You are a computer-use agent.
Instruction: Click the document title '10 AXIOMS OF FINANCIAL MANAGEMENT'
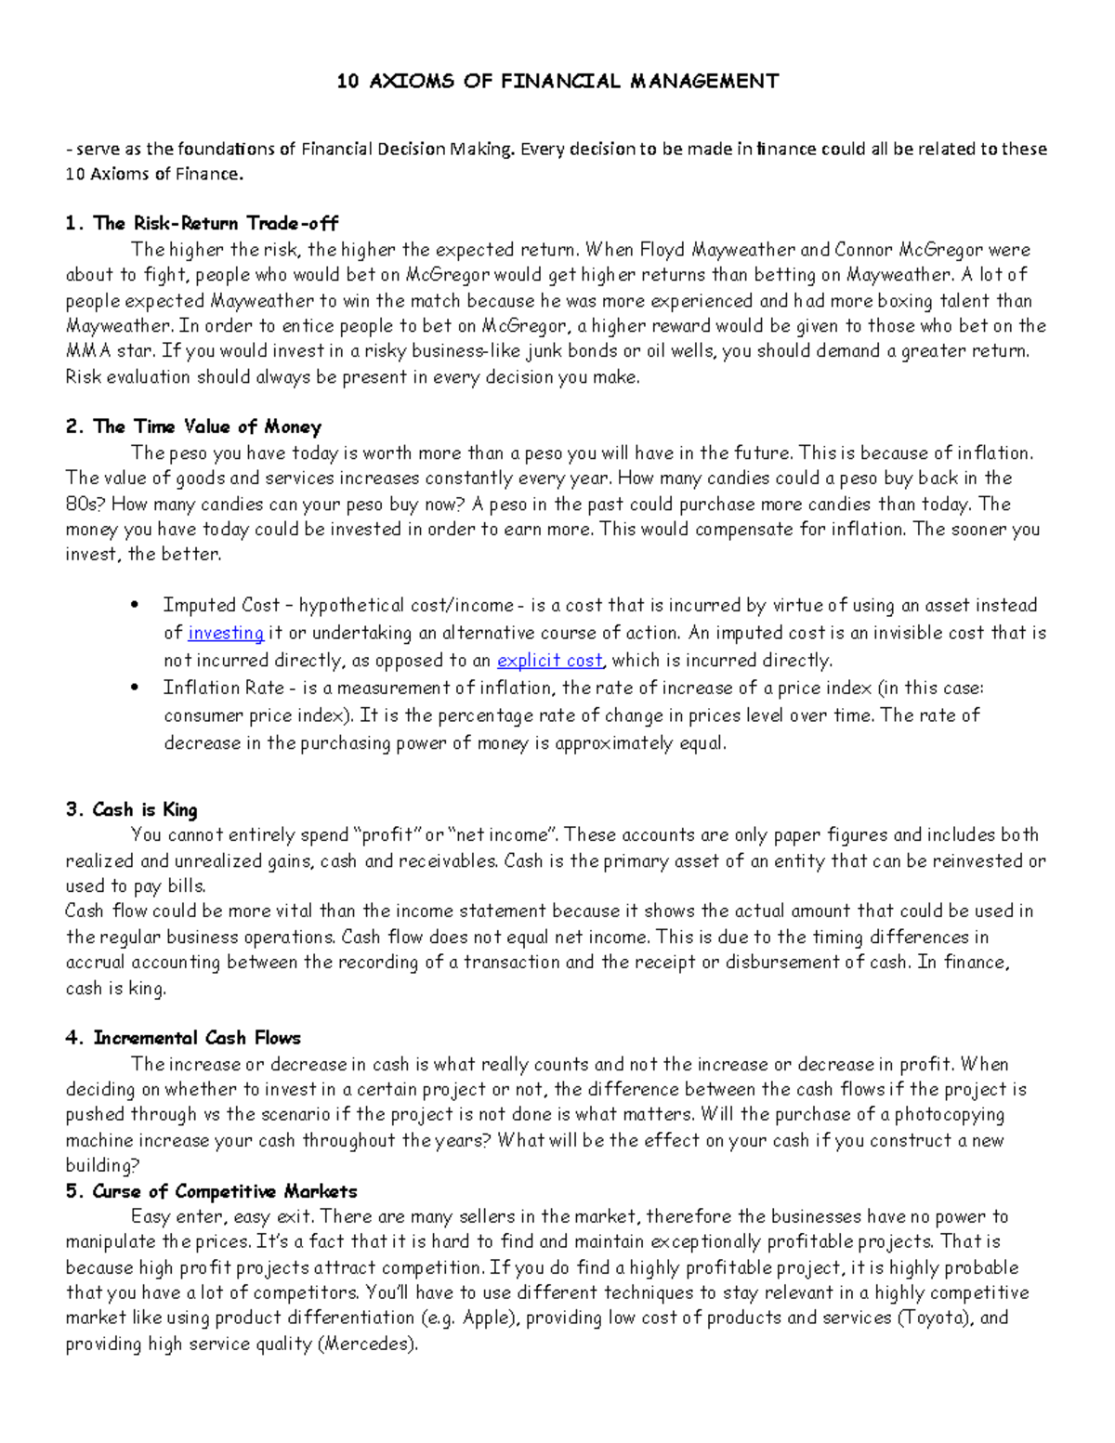pos(557,81)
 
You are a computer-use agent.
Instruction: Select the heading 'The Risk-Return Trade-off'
pos(216,223)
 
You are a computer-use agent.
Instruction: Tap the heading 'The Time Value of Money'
pos(207,426)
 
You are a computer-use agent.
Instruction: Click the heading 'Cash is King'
pos(145,809)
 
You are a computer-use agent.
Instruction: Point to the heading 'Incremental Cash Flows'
pos(197,1038)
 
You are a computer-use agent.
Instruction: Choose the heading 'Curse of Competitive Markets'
pos(225,1191)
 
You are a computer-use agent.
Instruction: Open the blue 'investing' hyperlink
pos(226,633)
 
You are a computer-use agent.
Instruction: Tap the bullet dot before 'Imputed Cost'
pos(137,606)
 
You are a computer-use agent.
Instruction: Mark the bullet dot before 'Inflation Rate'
pos(137,689)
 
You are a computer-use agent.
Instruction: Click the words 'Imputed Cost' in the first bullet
pos(221,606)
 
